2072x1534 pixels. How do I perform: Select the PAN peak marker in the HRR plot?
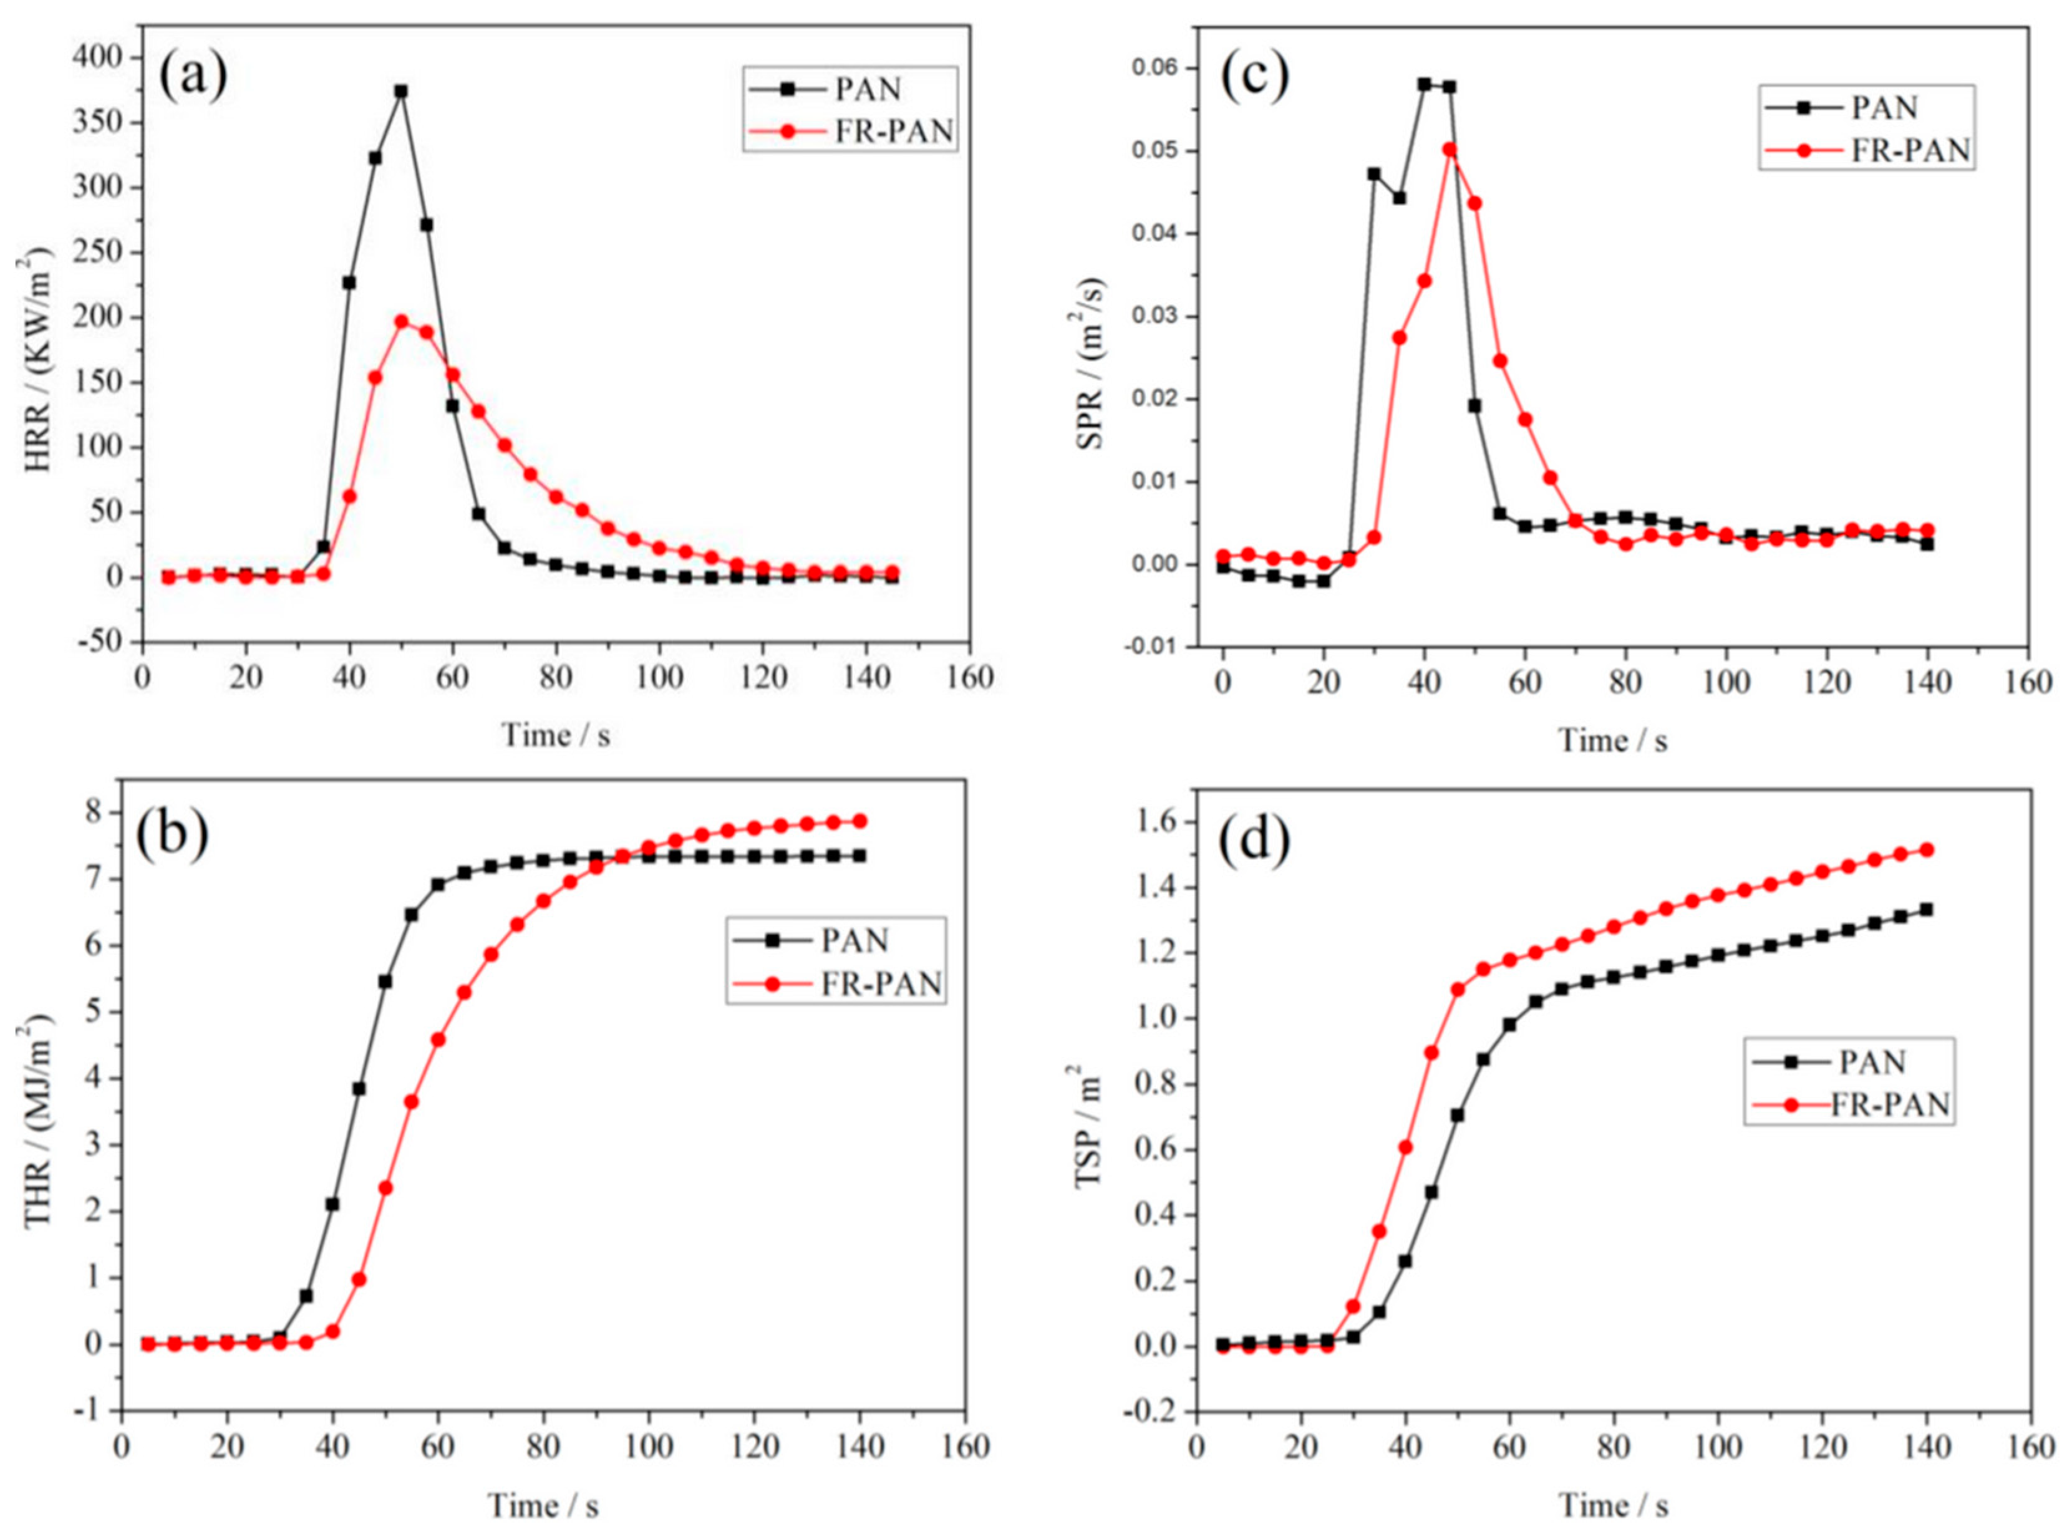tap(401, 91)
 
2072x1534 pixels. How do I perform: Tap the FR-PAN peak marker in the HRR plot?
tap(401, 321)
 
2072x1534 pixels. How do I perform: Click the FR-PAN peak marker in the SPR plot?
tap(1449, 150)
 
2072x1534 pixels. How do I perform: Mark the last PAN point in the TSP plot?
tap(1926, 909)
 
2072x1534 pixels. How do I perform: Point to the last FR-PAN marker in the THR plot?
tap(860, 821)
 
